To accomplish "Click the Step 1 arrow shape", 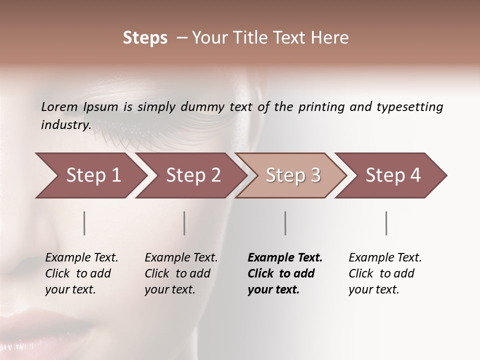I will click(93, 175).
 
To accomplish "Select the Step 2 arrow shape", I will click(193, 175).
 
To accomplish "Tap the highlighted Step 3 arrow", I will click(293, 175).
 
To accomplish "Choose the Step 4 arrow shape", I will click(393, 175).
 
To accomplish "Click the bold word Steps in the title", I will click(145, 38).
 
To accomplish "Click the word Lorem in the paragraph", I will click(59, 106).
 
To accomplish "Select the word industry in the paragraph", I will click(65, 124).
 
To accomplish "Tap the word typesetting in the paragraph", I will click(409, 107).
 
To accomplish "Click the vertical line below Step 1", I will click(84, 223).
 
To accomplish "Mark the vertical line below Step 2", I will click(184, 223).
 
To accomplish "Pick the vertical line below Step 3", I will click(285, 223).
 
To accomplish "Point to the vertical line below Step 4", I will click(386, 223).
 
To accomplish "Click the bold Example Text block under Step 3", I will click(284, 273).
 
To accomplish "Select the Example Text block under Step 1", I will click(81, 273).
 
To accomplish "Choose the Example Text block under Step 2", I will click(181, 273).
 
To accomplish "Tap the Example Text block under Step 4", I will click(385, 273).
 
